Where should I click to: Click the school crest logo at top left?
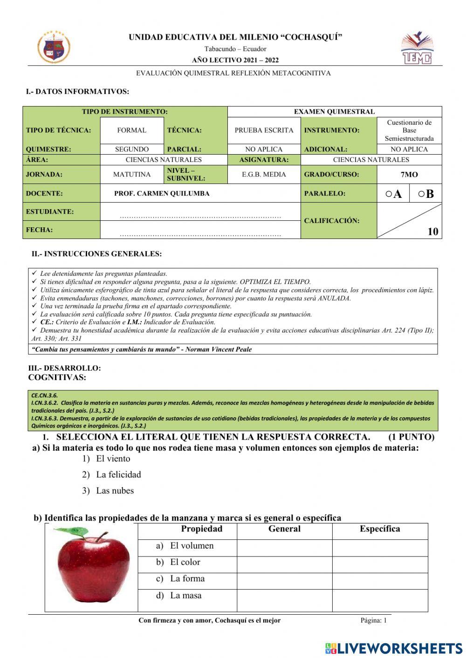[x=54, y=47]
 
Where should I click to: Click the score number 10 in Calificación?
[x=432, y=231]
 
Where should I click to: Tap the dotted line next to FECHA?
[x=200, y=235]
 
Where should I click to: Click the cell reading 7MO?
[x=409, y=175]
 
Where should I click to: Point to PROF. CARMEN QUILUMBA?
[x=162, y=193]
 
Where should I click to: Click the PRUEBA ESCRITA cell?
[x=264, y=130]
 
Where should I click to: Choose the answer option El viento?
[x=113, y=459]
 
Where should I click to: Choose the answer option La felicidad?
[x=118, y=475]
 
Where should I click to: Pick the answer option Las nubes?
[x=115, y=490]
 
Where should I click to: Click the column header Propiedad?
[x=201, y=529]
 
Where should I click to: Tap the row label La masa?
[x=185, y=595]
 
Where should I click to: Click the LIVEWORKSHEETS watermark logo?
[x=394, y=648]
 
